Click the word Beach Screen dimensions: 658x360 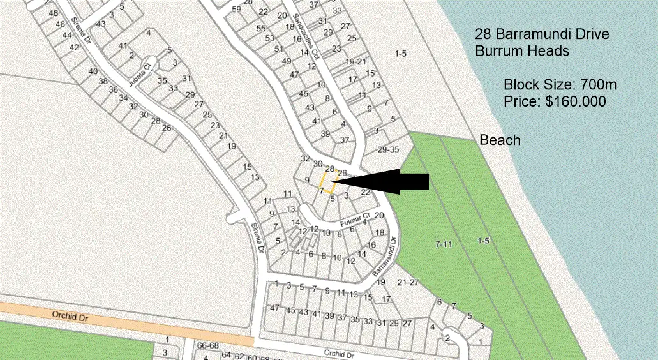pos(500,140)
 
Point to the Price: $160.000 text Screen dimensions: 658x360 pos(554,101)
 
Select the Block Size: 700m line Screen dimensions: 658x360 pos(560,84)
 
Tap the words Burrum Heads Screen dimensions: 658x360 pos(522,51)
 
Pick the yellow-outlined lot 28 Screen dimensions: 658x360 pos(328,181)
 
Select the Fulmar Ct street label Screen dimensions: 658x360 pos(355,220)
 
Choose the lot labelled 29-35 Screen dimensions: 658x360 pos(388,150)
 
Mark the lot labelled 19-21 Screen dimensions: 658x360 pos(355,61)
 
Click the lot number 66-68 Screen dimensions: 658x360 pos(208,345)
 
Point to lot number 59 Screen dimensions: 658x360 pos(237,9)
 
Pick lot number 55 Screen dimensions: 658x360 pos(260,29)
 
